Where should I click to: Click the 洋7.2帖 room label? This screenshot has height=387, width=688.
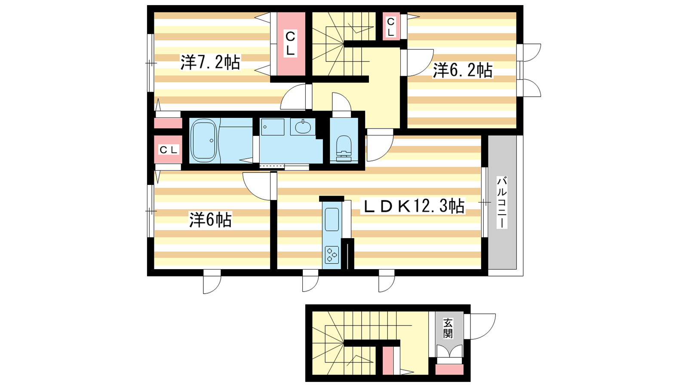coord(210,62)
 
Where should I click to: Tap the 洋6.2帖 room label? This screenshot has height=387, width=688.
coord(463,71)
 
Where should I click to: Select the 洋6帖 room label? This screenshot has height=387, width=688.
coord(210,220)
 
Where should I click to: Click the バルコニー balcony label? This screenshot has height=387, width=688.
coord(502,202)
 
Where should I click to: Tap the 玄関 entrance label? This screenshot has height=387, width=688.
coord(448,328)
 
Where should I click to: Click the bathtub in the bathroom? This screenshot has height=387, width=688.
coord(204,140)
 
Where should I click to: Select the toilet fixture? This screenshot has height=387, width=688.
coord(344,148)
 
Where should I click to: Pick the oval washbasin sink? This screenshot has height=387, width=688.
coord(303,127)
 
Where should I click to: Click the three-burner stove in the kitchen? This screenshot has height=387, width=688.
coord(332,255)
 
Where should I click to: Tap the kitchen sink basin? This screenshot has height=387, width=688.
coord(332,219)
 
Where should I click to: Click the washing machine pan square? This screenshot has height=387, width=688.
coord(273,127)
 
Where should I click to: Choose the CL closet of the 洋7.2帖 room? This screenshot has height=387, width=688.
coord(291,44)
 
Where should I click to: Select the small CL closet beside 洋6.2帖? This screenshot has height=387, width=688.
coord(391,26)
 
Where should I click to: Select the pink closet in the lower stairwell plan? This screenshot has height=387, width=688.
coord(387,361)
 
